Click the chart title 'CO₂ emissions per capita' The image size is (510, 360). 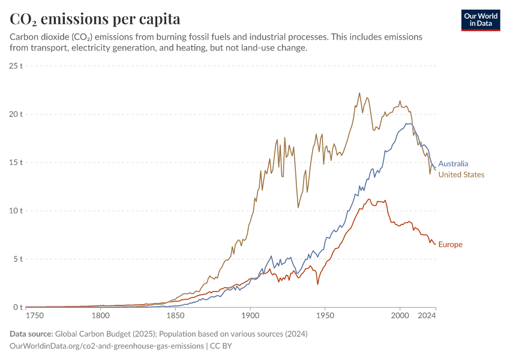tap(95, 19)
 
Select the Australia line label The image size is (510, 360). tap(453, 163)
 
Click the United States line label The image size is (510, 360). tap(461, 175)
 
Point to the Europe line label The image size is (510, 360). tap(450, 244)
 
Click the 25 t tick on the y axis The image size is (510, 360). tap(16, 65)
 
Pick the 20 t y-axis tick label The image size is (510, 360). tap(16, 114)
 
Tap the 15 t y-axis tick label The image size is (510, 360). tap(16, 163)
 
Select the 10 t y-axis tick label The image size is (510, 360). tap(16, 211)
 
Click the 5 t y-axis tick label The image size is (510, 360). tap(18, 259)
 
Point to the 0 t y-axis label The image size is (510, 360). tap(18, 307)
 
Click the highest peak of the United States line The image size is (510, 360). tap(359, 93)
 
